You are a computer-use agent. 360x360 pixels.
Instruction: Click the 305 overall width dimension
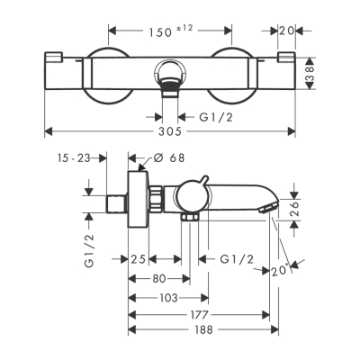pyautogui.click(x=171, y=131)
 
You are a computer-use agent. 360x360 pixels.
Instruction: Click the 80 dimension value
pyautogui.click(x=157, y=278)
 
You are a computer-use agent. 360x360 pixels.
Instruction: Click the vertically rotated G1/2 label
pyautogui.click(x=90, y=253)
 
